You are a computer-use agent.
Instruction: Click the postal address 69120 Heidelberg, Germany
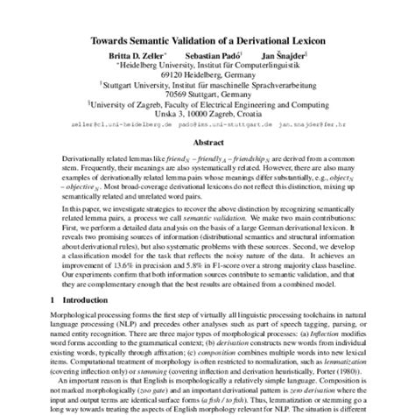tap(207, 74)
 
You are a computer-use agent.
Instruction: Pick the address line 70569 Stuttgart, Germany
tap(207, 95)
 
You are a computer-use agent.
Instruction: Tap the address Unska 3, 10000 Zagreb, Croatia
tap(207, 115)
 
